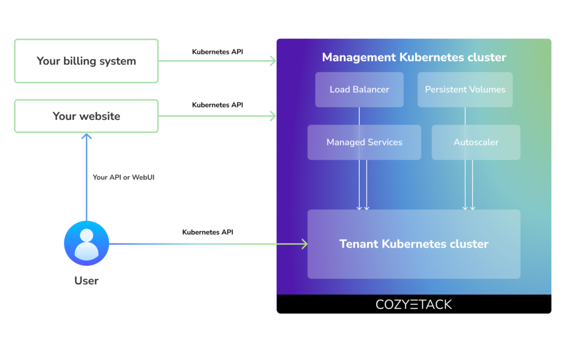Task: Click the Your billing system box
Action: (86, 61)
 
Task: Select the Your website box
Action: (86, 116)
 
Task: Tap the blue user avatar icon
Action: (87, 243)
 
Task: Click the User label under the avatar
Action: (87, 281)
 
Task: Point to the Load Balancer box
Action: (359, 89)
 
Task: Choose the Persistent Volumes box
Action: (465, 89)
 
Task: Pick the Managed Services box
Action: (364, 142)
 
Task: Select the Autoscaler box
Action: (476, 142)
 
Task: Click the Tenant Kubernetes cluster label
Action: (414, 244)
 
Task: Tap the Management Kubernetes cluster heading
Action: (414, 57)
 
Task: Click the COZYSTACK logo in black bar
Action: (414, 304)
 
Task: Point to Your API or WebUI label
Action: (123, 177)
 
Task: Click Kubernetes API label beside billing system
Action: (217, 52)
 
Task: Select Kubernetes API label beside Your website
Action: (217, 104)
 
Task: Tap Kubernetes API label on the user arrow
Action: (208, 232)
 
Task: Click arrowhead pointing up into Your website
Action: (87, 136)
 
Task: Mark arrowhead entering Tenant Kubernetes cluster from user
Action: (304, 244)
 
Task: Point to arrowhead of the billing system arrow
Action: (273, 61)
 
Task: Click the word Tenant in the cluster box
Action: (359, 244)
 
